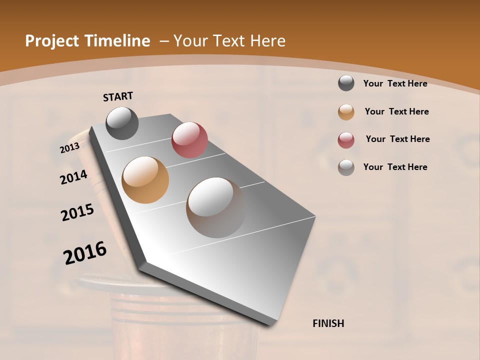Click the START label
coord(118,96)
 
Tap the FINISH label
coord(328,323)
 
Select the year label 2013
coord(70,147)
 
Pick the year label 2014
coord(73,177)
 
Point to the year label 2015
coord(77,212)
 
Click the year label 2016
coord(85,253)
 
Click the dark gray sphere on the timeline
coord(122,123)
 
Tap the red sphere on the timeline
coord(189,139)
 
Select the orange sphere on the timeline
coord(145,179)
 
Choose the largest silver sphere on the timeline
coord(216,207)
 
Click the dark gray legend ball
coord(346,83)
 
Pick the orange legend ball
coord(346,112)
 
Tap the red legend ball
coord(346,140)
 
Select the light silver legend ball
coord(346,167)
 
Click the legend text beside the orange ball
coord(396,111)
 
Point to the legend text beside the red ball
coord(397,139)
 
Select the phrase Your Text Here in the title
coord(229,41)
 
